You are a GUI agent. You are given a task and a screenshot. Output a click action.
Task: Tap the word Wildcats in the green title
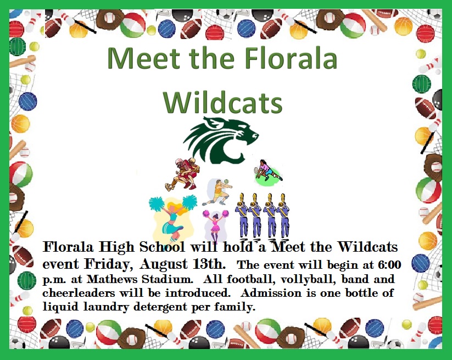pos(223,103)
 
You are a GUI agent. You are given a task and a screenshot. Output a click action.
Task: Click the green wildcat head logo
pos(221,140)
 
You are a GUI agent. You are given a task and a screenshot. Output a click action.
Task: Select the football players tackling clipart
pos(182,174)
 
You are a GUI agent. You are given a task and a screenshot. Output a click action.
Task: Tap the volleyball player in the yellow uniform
pos(217,192)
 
